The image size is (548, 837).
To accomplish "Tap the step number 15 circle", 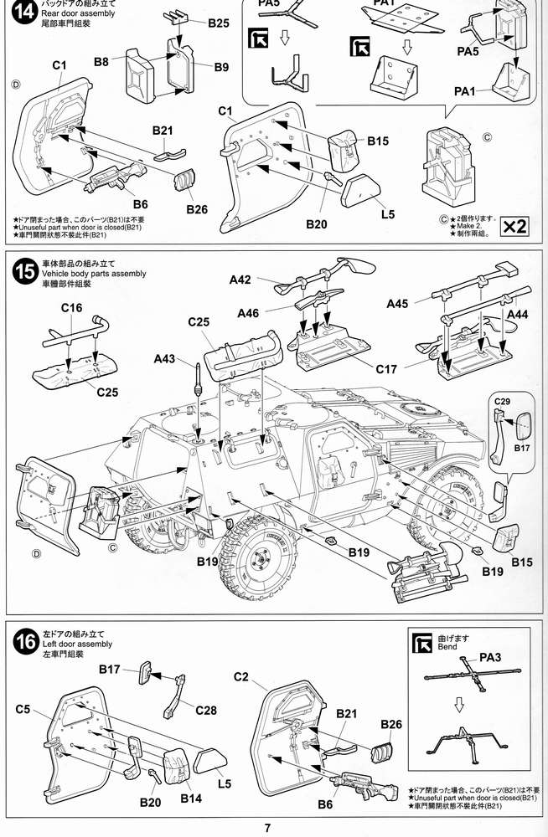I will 25,273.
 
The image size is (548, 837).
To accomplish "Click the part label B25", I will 219,23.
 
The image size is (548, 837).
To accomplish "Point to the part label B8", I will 102,62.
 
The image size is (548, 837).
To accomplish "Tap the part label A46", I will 249,313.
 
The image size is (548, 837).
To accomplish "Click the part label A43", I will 166,359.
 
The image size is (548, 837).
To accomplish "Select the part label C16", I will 71,308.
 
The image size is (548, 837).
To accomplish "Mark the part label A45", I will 398,303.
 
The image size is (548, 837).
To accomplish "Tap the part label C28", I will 206,711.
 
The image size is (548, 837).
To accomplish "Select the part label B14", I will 192,798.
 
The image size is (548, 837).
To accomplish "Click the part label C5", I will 23,710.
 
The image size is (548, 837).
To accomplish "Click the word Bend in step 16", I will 449,649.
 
